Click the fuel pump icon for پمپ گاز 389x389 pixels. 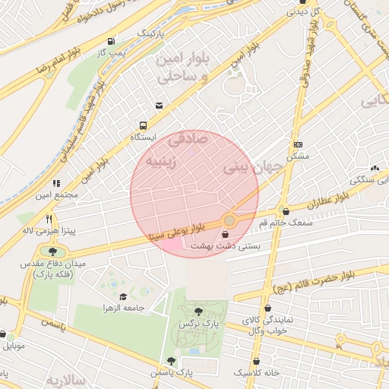point(112,41)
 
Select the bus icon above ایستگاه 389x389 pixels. point(143,126)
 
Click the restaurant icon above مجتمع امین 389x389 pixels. point(56,183)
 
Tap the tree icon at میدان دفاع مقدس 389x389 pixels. point(52,251)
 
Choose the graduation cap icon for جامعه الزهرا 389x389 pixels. point(123,296)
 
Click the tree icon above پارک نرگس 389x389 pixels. point(198,312)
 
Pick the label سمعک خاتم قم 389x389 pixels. point(285,223)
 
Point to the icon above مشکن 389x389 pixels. point(297,144)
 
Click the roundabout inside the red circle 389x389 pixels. point(229,220)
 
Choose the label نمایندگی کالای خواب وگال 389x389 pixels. point(264,326)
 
